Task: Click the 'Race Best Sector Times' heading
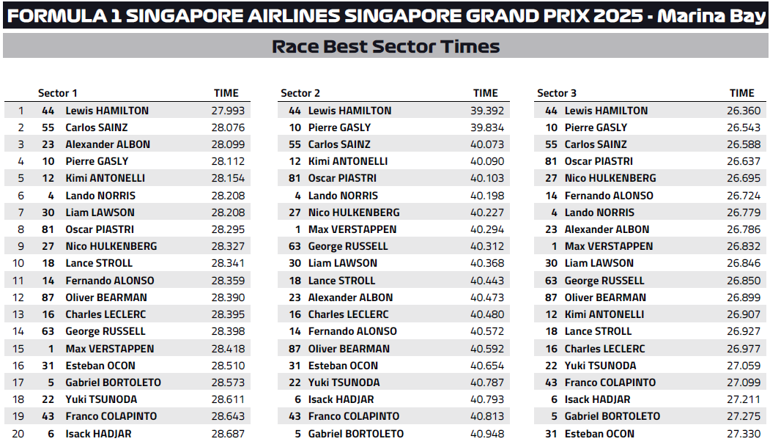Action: pyautogui.click(x=385, y=47)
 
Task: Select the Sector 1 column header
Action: pyautogui.click(x=58, y=93)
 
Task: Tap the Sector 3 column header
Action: pyautogui.click(x=557, y=93)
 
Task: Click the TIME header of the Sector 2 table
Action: pyautogui.click(x=486, y=93)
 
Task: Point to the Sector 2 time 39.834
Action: pyautogui.click(x=487, y=127)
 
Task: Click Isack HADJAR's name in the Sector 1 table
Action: pyautogui.click(x=99, y=433)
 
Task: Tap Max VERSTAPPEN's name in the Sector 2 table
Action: pyautogui.click(x=352, y=229)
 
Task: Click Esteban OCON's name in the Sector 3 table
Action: pyautogui.click(x=599, y=433)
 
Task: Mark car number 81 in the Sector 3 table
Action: pyautogui.click(x=552, y=161)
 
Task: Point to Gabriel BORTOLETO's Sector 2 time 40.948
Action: pyautogui.click(x=487, y=433)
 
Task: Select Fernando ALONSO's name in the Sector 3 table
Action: pyautogui.click(x=609, y=196)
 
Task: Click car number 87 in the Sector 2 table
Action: pyautogui.click(x=295, y=349)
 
